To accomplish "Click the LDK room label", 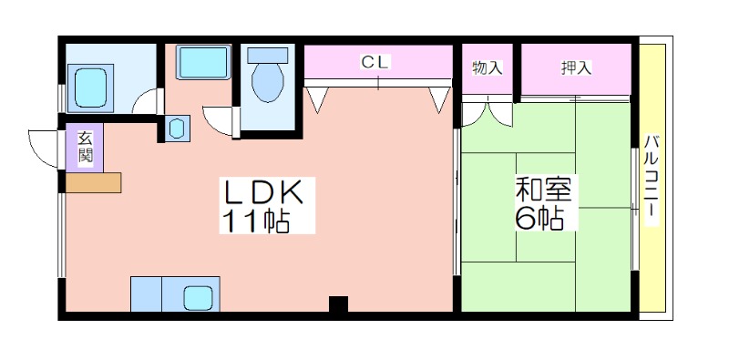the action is tap(264, 192).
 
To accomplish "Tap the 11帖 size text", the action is tap(256, 221).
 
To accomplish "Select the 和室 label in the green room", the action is tap(546, 189).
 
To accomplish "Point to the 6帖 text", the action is tap(539, 217).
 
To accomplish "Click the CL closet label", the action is tap(375, 62).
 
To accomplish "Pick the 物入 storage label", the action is tap(488, 68).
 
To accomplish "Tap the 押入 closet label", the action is tap(576, 68).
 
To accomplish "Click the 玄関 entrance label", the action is tap(85, 147).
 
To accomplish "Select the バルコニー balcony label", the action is tap(652, 180).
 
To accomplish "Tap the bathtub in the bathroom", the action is tap(90, 88).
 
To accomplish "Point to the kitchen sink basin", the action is tap(198, 298).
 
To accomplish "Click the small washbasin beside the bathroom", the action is tap(177, 128).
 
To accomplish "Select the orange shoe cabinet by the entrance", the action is tap(94, 182).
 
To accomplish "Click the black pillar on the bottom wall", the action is tap(338, 304).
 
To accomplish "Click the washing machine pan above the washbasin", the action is tap(203, 62).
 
